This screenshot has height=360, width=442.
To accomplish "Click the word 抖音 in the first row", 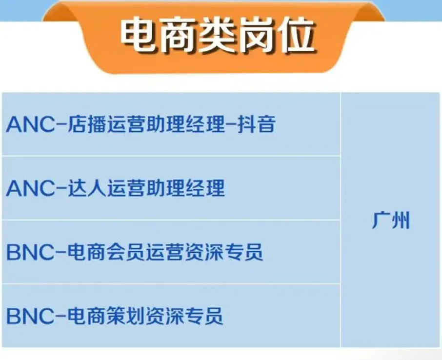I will (257, 125).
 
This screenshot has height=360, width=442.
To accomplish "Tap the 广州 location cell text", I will (390, 221).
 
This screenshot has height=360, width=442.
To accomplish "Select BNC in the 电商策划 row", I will (30, 317).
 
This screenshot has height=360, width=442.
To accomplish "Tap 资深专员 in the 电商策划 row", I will (185, 316).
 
